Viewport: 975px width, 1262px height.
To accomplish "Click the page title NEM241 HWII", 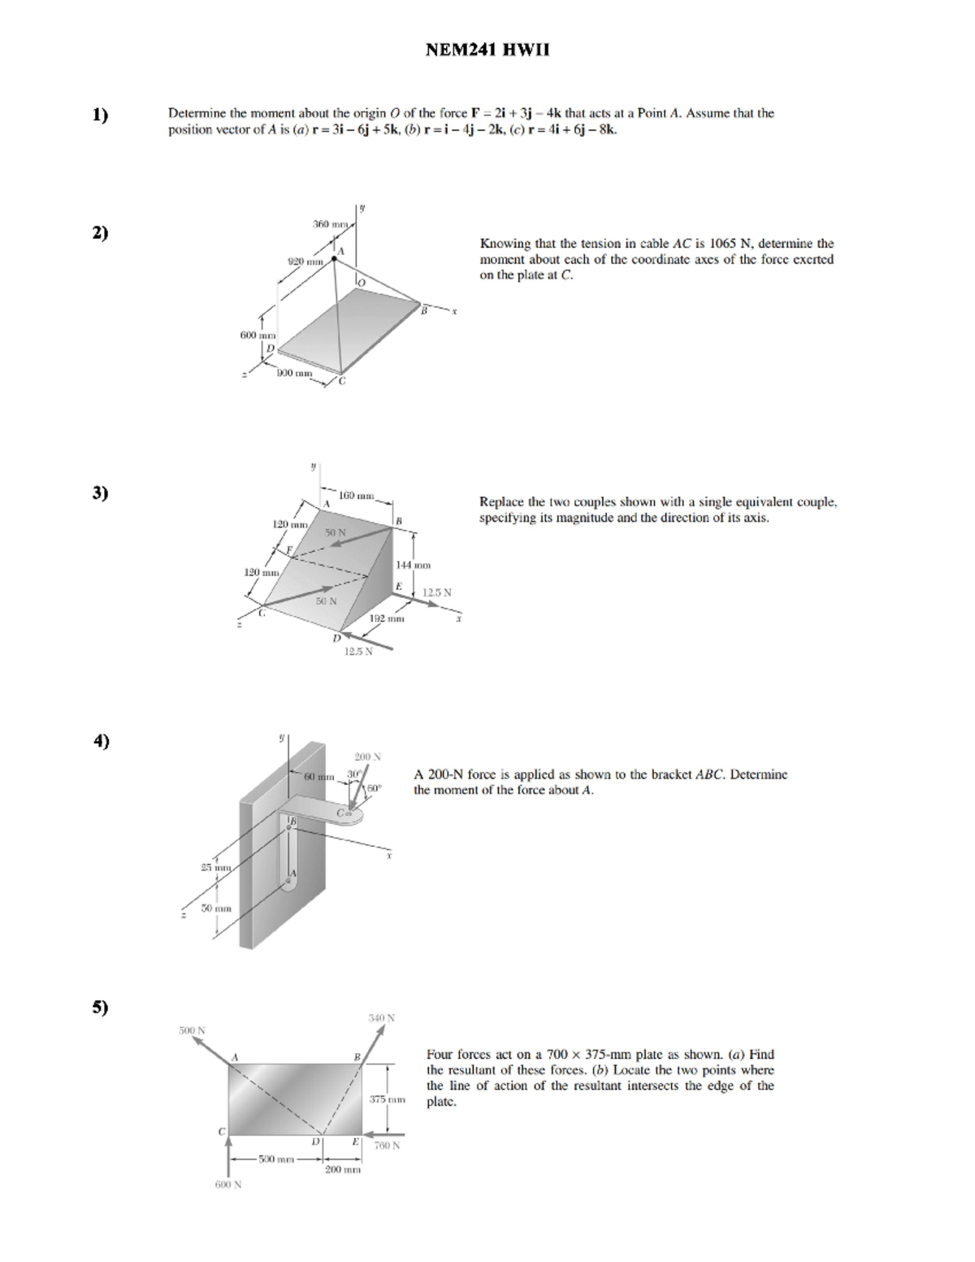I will coord(487,50).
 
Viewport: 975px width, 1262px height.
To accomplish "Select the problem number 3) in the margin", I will coord(100,492).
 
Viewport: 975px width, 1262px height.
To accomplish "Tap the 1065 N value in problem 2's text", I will coord(730,244).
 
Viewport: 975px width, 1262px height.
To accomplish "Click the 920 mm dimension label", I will coord(306,262).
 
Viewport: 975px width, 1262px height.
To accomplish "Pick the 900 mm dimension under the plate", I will coord(294,373).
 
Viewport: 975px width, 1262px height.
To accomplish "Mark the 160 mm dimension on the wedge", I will coord(356,495).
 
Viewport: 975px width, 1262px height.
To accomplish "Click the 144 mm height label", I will coord(413,565).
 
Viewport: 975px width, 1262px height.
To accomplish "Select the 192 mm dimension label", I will coord(386,619).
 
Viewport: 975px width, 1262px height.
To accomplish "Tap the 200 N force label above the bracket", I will coord(367,757).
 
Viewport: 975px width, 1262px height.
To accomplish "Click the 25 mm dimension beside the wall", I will coord(216,868).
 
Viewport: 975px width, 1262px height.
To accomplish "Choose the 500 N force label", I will coord(192,1030).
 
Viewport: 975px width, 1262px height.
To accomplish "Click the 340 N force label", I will coord(381,1017).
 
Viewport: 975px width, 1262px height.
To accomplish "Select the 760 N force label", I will coord(387,1146).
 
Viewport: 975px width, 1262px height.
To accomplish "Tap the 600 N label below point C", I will coord(227,1184).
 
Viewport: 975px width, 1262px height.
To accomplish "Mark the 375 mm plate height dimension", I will coord(387,1099).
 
